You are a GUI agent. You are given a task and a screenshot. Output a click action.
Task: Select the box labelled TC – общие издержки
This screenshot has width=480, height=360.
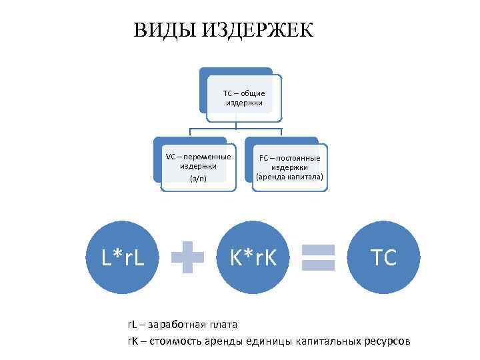[x=244, y=98]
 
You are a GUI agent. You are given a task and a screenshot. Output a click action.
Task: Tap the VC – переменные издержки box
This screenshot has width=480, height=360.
[x=198, y=167]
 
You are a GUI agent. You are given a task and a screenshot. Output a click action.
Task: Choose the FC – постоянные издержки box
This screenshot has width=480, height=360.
[x=289, y=167]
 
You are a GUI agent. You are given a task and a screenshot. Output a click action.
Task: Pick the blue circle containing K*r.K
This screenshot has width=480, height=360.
[x=253, y=257]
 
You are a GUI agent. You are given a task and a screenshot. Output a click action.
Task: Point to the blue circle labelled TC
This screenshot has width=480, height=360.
[x=385, y=257]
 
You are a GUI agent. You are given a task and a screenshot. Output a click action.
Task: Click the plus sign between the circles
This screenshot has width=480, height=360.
[x=188, y=257]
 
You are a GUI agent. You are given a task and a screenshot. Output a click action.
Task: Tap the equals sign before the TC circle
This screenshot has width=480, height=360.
[x=318, y=257]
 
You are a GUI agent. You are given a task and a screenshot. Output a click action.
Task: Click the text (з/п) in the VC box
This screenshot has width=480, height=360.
[x=198, y=179]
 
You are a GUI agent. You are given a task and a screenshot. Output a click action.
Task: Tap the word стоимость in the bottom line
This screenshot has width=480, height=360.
[x=179, y=341]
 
